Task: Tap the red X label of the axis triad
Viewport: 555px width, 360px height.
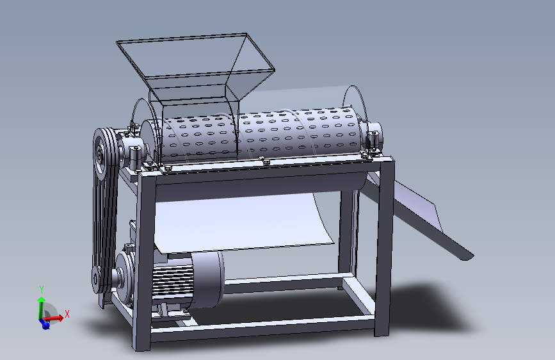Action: coord(67,313)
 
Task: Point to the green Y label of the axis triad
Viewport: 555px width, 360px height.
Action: coord(41,288)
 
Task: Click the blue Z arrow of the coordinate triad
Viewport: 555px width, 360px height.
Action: coord(45,324)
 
